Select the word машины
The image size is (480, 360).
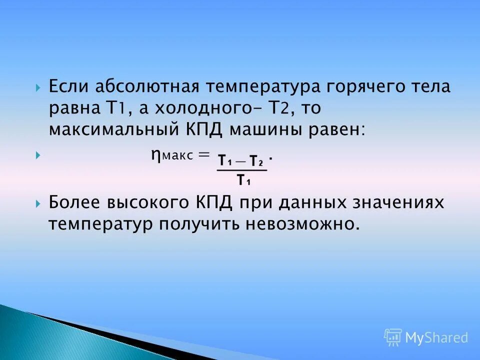pos(263,129)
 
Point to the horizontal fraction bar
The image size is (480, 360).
pos(242,170)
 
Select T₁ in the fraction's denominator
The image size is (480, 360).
pos(243,180)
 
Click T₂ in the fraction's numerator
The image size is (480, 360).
pos(256,161)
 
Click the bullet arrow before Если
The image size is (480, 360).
pos(38,87)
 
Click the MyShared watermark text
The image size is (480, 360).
pos(436,338)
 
